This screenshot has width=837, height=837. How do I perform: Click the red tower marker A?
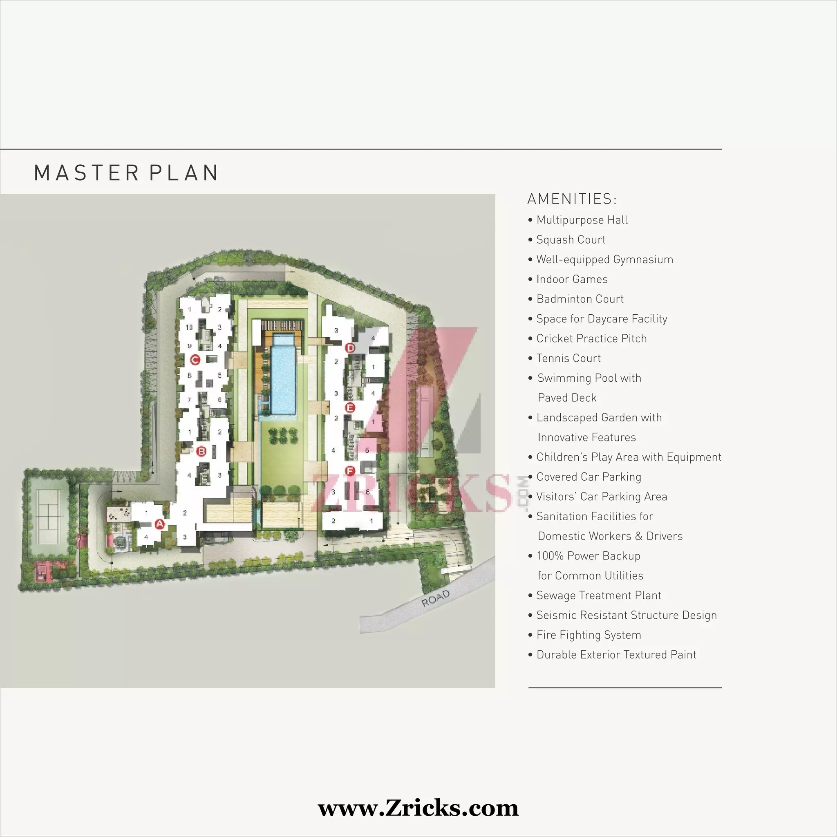[160, 524]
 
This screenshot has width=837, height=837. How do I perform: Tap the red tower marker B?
[201, 452]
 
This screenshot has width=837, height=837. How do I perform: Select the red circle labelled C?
[195, 360]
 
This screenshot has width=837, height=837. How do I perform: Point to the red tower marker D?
[350, 347]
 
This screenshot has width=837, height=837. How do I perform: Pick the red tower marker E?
[350, 407]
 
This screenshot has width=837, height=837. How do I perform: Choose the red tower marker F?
[350, 471]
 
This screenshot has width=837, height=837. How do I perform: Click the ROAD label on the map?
[435, 598]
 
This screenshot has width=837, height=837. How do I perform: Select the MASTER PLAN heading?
[127, 173]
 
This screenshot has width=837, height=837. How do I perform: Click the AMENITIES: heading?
[571, 199]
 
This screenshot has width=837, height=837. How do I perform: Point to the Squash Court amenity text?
[571, 239]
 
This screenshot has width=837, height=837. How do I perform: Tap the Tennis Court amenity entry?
[568, 358]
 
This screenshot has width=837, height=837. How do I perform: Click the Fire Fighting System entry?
[589, 635]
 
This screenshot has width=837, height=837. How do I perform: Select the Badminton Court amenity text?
[580, 299]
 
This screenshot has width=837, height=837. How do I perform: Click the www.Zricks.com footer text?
[418, 808]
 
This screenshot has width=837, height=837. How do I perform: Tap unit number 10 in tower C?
[189, 327]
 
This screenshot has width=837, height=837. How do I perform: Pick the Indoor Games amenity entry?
[571, 279]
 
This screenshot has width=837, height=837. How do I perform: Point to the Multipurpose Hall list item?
[582, 220]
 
